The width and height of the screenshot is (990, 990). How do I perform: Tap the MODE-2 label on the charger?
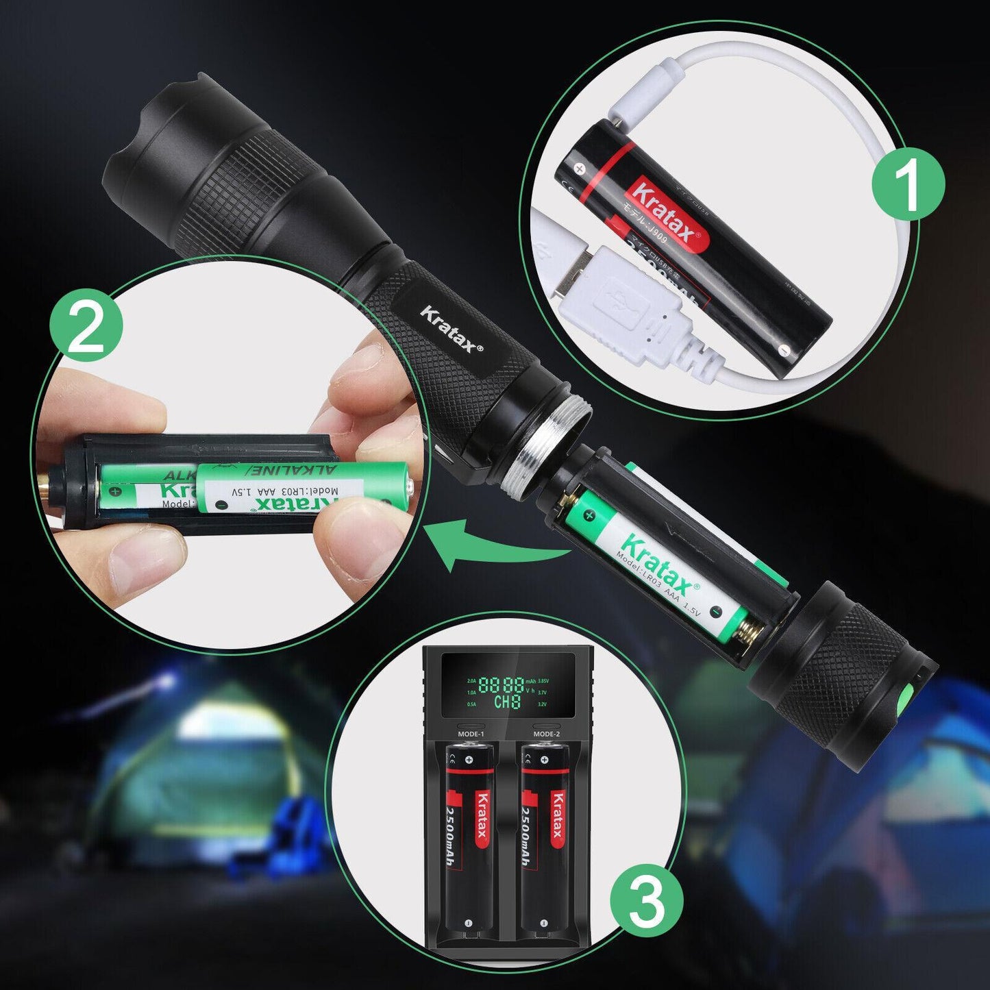pyautogui.click(x=546, y=734)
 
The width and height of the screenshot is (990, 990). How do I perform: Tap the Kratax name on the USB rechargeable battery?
pyautogui.click(x=661, y=212)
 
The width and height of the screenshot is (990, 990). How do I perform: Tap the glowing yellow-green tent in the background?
pyautogui.click(x=199, y=747)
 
